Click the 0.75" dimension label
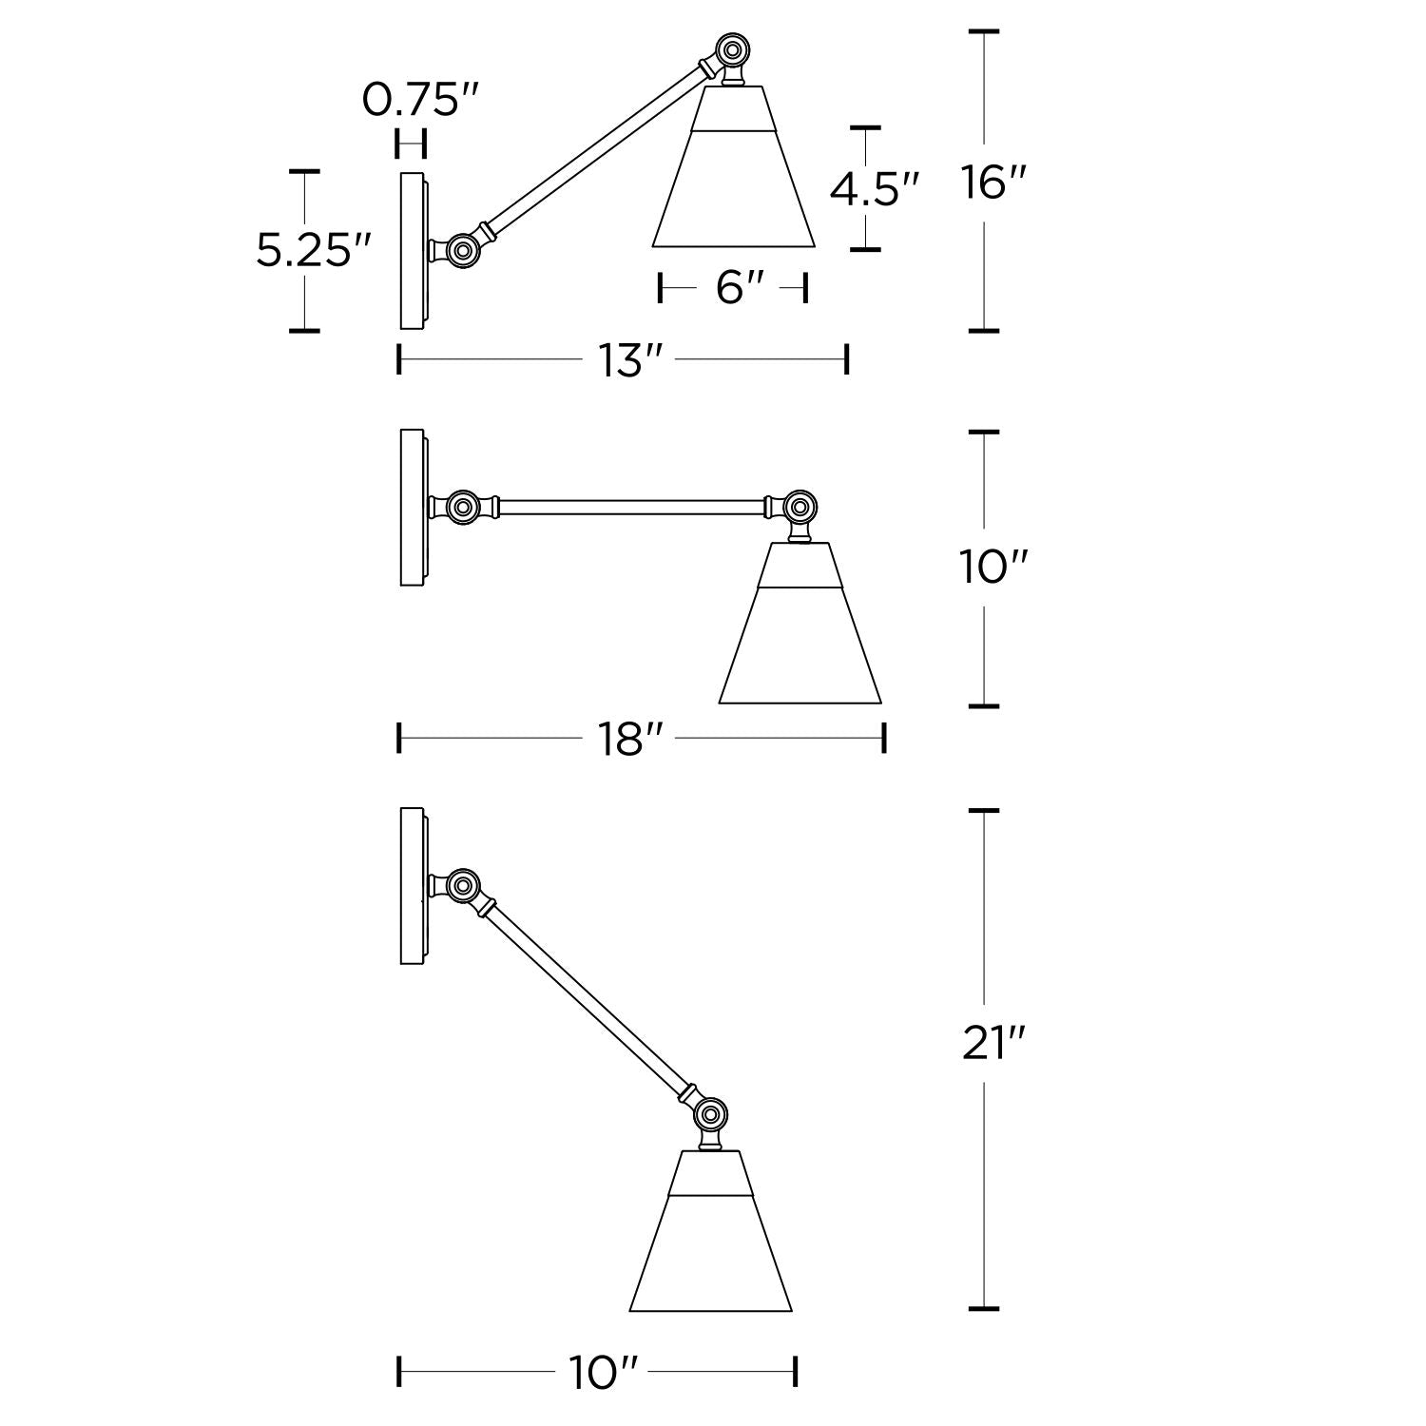(420, 99)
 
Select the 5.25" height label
(313, 251)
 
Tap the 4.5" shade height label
(875, 189)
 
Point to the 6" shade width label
(733, 287)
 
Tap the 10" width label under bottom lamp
(603, 1373)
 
